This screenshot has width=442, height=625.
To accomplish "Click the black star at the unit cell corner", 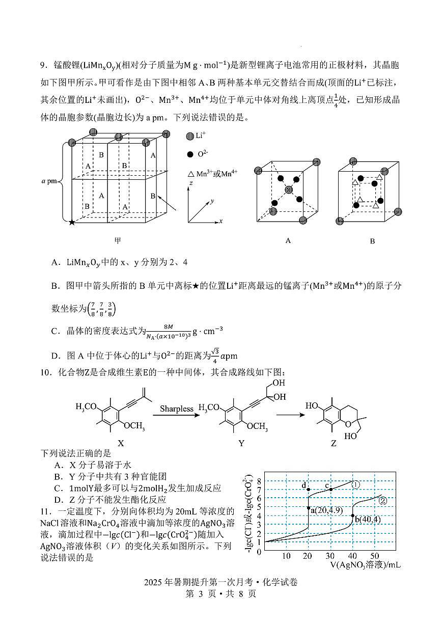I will click(x=72, y=222).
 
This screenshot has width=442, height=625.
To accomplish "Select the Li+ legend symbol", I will click(x=190, y=136).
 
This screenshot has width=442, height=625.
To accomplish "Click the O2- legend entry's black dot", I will click(x=190, y=154).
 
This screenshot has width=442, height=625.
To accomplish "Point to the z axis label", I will click(x=190, y=182).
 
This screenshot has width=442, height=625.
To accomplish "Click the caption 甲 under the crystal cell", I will click(x=118, y=240).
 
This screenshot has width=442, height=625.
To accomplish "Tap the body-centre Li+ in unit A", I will click(x=289, y=190).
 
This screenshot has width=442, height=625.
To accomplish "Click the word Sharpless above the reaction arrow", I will click(x=177, y=409).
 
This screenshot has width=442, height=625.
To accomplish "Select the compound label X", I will click(x=121, y=443).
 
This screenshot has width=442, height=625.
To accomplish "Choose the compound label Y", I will click(x=241, y=443).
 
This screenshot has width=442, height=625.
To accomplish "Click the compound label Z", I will click(x=334, y=443).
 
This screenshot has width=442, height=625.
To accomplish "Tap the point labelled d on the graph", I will click(x=309, y=490).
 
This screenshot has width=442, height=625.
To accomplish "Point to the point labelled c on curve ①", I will click(x=331, y=490).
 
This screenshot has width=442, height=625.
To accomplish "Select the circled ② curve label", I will click(x=383, y=500).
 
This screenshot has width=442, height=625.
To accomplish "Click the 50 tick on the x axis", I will click(x=375, y=555).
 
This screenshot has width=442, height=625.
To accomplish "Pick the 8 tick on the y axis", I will click(x=259, y=481).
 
